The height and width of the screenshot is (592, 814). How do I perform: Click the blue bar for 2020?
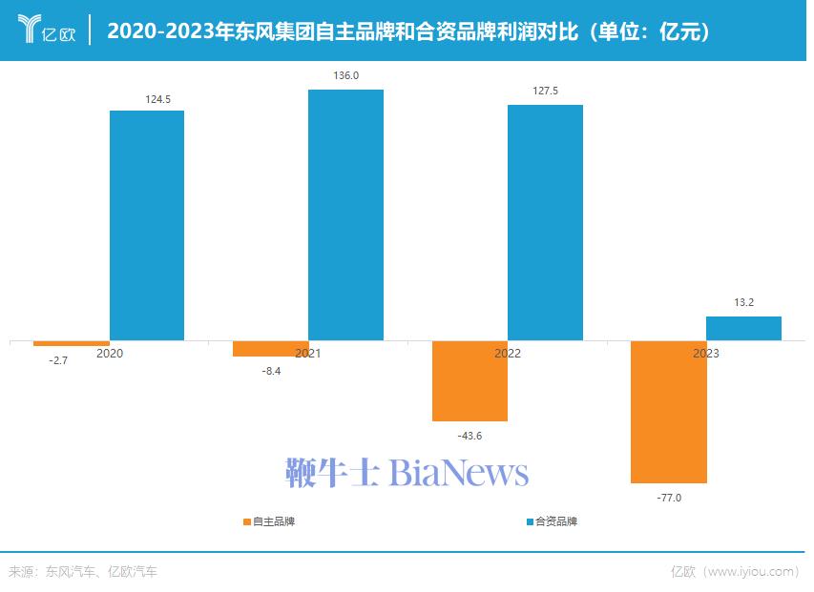147,225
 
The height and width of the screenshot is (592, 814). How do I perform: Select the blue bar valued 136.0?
345,214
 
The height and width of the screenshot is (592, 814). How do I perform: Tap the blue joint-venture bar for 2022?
545,222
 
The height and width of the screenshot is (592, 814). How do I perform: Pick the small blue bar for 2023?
743,328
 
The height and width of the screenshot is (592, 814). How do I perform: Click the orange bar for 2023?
669,411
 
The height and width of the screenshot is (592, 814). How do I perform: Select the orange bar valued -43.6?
470,380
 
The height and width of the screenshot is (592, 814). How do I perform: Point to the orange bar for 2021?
271,348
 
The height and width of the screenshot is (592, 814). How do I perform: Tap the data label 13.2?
744,303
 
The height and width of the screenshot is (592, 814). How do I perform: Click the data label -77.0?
669,498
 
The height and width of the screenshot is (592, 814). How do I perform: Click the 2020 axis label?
110,354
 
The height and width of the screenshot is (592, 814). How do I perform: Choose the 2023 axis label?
706,354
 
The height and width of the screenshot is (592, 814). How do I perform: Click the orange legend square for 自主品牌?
247,521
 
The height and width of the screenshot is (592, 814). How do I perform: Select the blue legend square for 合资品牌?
530,521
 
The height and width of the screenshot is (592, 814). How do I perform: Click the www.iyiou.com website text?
754,572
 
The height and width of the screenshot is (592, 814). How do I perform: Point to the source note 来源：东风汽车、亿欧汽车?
83,572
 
